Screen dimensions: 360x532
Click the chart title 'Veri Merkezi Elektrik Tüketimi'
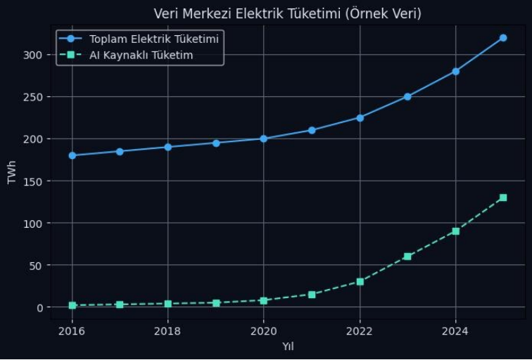[287, 13]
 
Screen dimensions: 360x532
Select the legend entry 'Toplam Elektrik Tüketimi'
[154, 39]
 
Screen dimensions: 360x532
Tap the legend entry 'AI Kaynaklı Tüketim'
[141, 55]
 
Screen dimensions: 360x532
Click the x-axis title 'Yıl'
[288, 346]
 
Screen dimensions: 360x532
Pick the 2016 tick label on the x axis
[72, 330]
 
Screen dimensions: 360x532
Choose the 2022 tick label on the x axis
[360, 330]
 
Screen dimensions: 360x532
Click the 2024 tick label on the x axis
[455, 330]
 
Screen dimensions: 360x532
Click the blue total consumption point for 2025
[503, 38]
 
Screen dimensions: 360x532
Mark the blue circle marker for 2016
[72, 155]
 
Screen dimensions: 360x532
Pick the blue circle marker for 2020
[263, 139]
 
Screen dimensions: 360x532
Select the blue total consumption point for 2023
[407, 96]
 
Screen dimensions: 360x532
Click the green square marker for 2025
[503, 198]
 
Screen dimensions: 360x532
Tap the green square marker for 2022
[360, 282]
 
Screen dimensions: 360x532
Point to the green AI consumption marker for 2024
[455, 231]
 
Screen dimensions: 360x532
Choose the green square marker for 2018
[167, 304]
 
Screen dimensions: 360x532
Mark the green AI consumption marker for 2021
[312, 295]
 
